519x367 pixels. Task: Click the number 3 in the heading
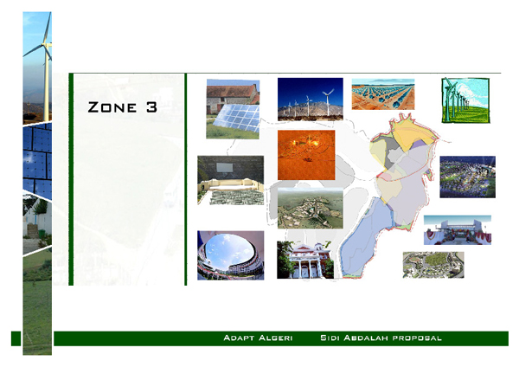tap(152, 107)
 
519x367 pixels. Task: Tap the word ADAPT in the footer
tap(239, 337)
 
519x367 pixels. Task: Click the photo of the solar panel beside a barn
tap(233, 109)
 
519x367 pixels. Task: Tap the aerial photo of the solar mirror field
tap(382, 94)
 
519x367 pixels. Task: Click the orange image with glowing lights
tap(305, 155)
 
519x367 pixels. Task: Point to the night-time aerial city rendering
tap(467, 177)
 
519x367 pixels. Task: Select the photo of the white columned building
tap(304, 260)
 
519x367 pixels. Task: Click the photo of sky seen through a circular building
tap(230, 255)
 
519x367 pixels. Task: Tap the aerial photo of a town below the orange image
tap(310, 208)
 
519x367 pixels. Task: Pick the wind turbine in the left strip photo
tap(40, 52)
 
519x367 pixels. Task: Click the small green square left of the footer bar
tap(15, 338)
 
